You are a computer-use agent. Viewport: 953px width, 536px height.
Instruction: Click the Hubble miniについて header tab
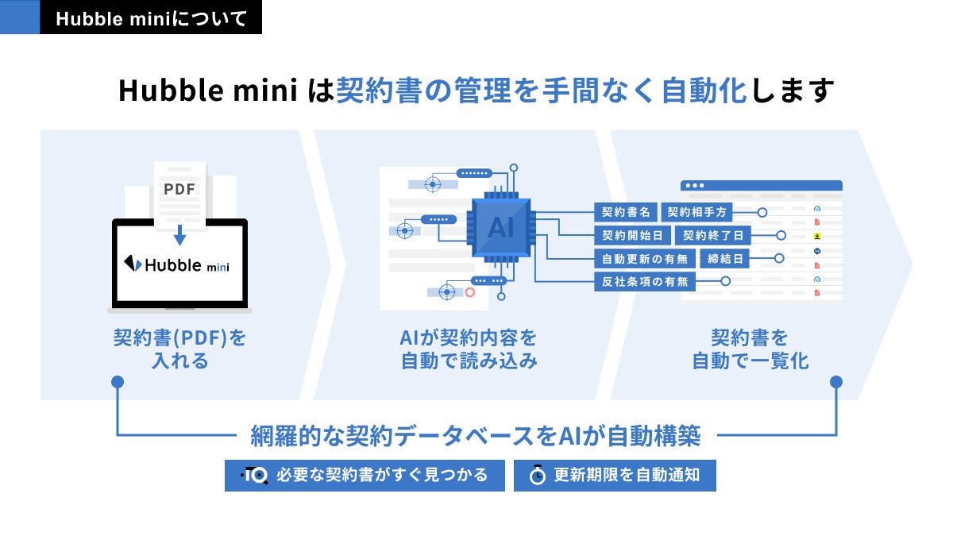pos(151,18)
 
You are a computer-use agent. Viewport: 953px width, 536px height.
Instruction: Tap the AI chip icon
pos(501,228)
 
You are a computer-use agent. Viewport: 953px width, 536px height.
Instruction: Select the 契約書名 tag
pos(625,212)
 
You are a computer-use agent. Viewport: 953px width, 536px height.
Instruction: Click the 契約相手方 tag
pos(696,212)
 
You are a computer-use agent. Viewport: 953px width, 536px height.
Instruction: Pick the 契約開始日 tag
pos(632,235)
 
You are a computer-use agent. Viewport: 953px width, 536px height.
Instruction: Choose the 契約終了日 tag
pos(712,235)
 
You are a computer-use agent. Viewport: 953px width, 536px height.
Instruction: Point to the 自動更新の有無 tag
pos(645,258)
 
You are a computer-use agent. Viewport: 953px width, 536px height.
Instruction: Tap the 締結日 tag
pos(723,258)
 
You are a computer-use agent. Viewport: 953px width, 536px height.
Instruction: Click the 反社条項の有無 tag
pos(645,281)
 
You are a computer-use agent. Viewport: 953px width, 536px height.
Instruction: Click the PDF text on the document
pos(179,189)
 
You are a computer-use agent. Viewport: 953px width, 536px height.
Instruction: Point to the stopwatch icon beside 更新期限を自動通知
pos(538,475)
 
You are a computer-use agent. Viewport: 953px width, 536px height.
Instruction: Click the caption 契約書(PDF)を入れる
pos(179,349)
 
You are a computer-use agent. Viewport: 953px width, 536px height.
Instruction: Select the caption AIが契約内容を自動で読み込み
pos(469,349)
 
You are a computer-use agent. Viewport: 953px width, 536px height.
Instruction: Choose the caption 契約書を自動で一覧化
pos(750,349)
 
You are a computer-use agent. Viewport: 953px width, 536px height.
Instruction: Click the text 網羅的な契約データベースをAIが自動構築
pos(476,435)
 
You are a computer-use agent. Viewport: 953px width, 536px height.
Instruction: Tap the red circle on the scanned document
pos(469,293)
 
